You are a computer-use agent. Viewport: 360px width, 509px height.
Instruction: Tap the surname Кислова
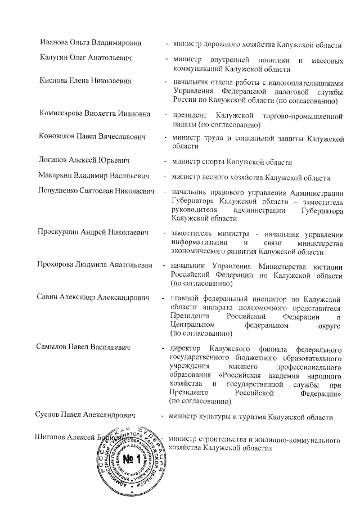point(55,81)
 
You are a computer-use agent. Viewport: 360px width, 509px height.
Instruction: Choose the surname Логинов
point(55,160)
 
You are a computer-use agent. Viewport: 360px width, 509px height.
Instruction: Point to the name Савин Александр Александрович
point(92,296)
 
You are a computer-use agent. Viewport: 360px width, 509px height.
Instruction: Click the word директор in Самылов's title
point(186,347)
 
